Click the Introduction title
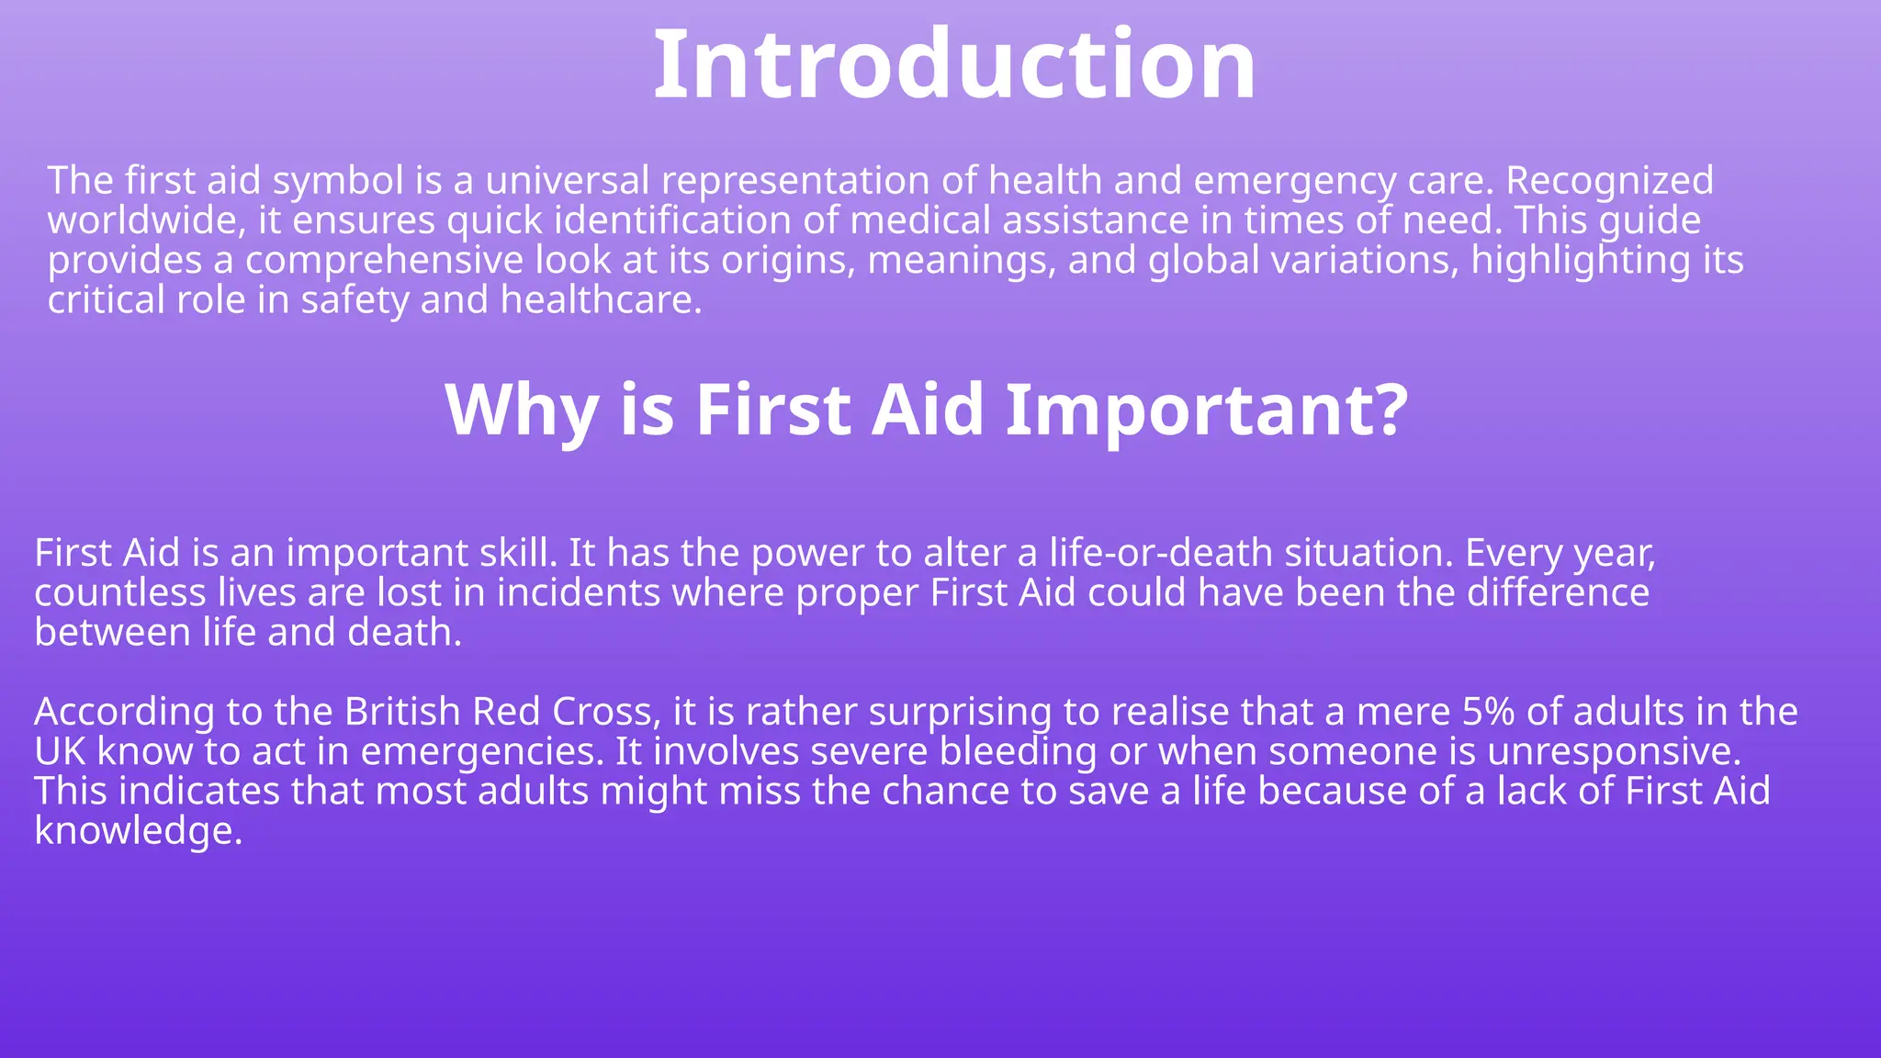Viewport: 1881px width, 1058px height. pyautogui.click(x=954, y=64)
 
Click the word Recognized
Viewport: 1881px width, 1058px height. pyautogui.click(x=1609, y=181)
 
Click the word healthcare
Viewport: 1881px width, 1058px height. pyautogui.click(x=601, y=300)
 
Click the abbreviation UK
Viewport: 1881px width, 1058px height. pyautogui.click(x=60, y=752)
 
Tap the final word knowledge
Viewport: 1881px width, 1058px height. pyautogui.click(x=137, y=832)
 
